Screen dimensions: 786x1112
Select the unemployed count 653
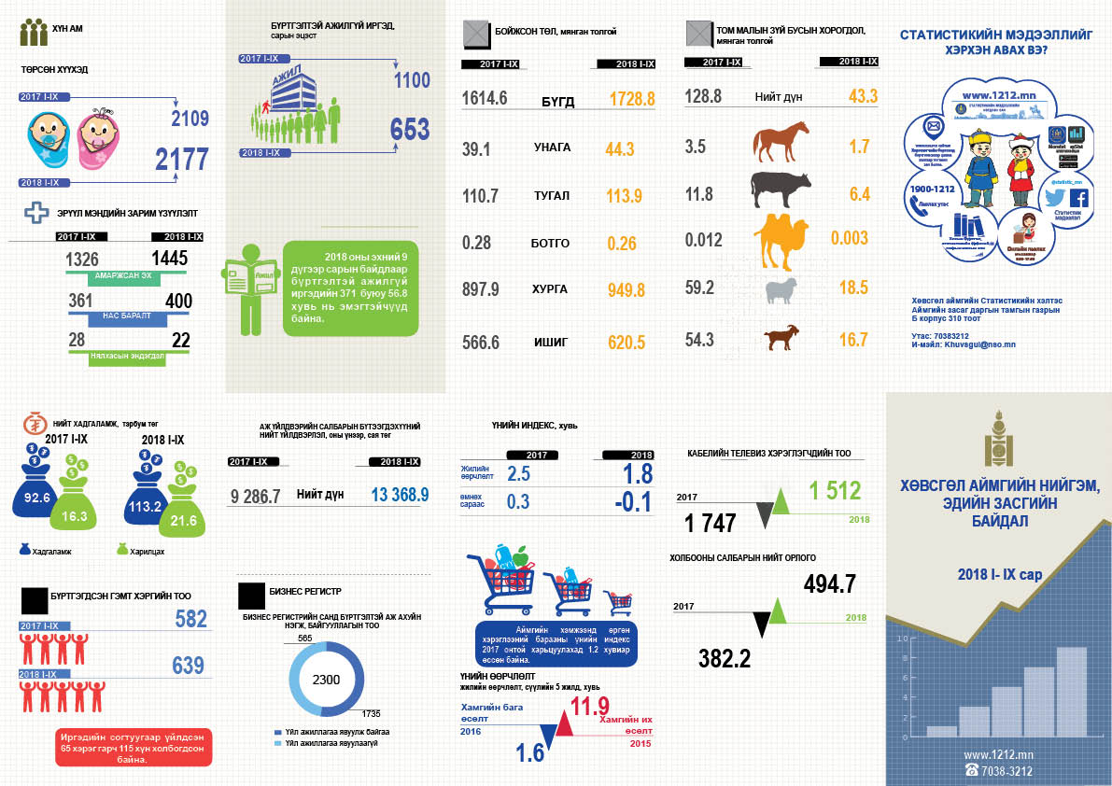410,130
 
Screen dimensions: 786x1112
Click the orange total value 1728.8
632,99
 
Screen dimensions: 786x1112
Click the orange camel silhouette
784,239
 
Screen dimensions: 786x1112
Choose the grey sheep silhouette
781,289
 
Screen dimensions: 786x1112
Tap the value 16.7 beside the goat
853,340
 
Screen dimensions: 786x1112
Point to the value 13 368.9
400,495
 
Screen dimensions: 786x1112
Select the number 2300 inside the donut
327,680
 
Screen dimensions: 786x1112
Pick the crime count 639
188,666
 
